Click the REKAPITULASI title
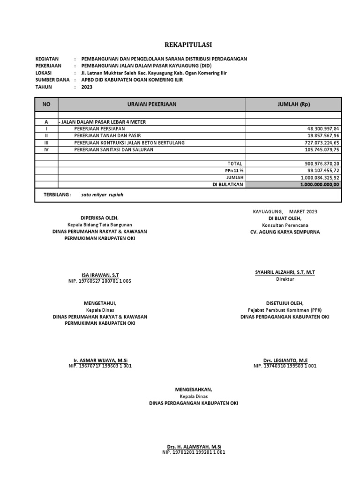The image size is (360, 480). click(x=187, y=45)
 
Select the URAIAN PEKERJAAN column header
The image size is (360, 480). click(x=151, y=104)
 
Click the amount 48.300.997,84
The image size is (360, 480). click(x=322, y=128)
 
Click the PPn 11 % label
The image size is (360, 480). click(x=235, y=171)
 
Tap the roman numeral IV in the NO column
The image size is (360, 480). click(x=46, y=150)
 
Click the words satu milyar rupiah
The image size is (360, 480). click(x=103, y=195)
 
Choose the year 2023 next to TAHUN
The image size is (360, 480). click(x=87, y=87)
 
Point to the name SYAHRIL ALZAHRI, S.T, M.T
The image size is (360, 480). click(x=285, y=272)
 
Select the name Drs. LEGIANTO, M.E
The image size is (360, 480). click(x=285, y=360)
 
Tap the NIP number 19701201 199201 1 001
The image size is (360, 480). click(x=194, y=452)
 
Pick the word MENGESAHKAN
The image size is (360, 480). click(x=193, y=390)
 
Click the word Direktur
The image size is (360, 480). click(x=285, y=279)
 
